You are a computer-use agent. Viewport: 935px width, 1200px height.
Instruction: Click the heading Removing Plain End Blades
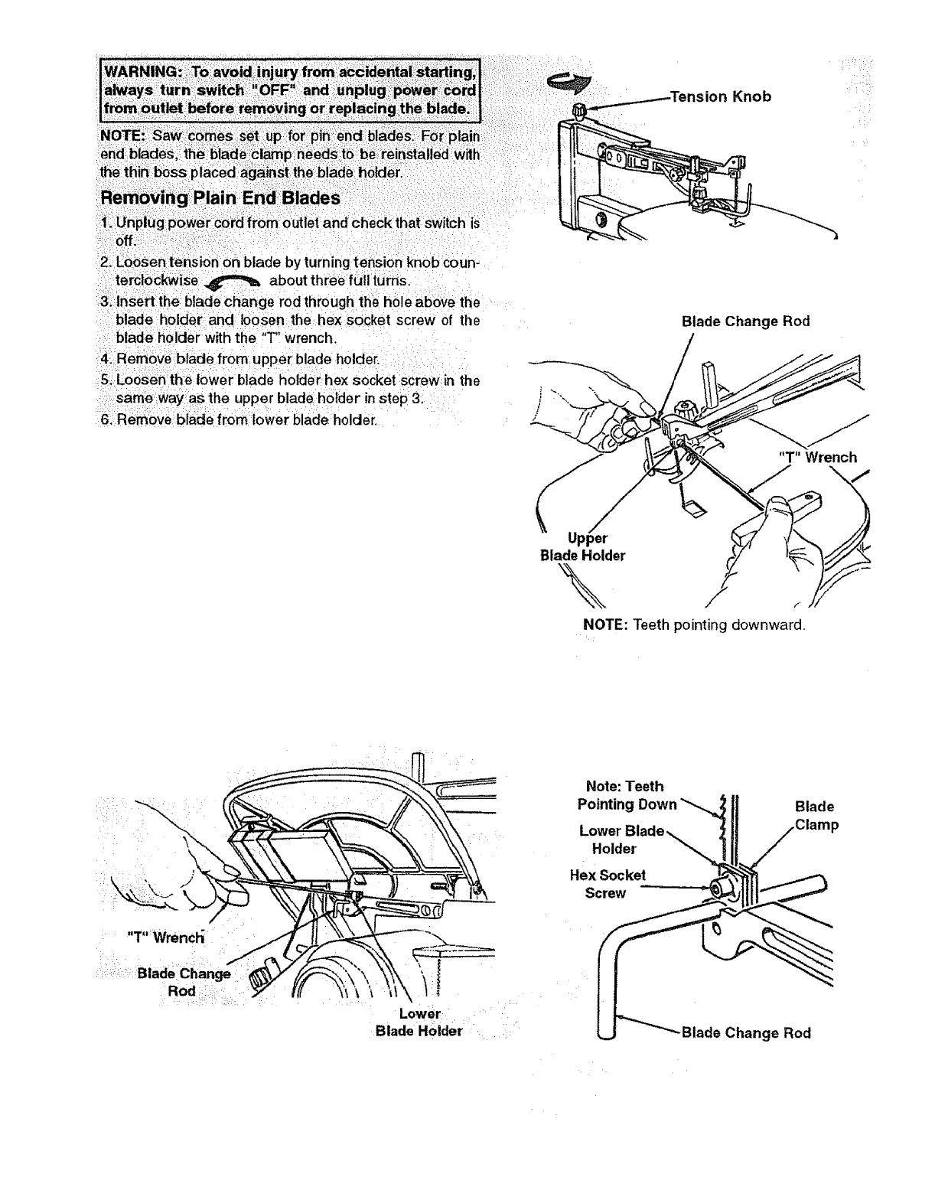point(220,197)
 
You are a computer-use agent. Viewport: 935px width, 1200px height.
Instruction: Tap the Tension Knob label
point(719,96)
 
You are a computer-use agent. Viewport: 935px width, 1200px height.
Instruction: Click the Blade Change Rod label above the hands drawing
point(744,321)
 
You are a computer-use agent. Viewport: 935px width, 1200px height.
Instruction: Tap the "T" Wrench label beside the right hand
point(817,458)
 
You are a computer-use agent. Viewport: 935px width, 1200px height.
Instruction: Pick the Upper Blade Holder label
point(582,547)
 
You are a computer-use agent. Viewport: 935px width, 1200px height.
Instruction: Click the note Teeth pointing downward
point(694,625)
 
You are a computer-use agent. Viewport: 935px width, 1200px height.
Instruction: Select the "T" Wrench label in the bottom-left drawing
point(165,937)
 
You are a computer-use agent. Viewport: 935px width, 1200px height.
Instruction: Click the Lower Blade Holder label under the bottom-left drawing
point(419,1022)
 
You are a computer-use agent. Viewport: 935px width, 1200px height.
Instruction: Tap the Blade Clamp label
point(815,816)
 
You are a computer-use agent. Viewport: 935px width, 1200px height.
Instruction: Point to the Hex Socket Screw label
point(608,884)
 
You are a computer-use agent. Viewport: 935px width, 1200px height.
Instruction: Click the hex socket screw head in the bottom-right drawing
point(717,888)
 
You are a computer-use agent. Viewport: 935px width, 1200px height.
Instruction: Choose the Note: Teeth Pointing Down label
point(626,795)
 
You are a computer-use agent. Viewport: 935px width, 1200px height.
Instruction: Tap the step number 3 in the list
point(106,302)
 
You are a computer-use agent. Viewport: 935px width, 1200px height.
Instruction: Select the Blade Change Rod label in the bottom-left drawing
point(183,982)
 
